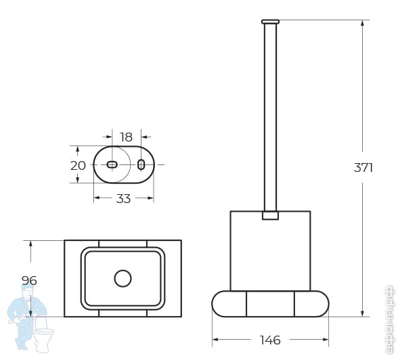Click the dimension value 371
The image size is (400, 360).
click(x=363, y=168)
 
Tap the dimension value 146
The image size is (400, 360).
click(x=270, y=340)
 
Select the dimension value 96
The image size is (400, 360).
click(x=29, y=280)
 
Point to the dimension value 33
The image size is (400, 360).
click(x=123, y=198)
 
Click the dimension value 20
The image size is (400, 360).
click(x=78, y=166)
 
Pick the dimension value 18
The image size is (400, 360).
click(x=127, y=137)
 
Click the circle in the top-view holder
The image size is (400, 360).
click(x=123, y=278)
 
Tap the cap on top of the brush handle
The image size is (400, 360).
click(x=270, y=22)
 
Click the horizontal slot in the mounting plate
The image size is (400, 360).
click(x=112, y=165)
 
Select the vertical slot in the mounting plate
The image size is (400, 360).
click(x=141, y=164)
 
